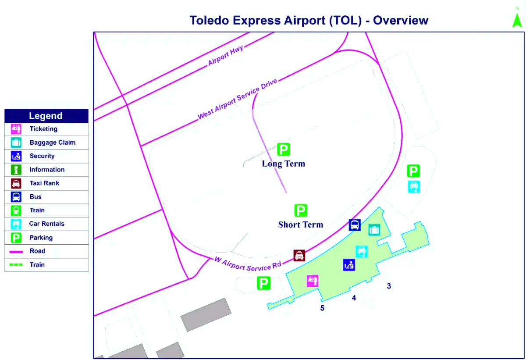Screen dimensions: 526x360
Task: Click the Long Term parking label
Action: pyautogui.click(x=284, y=164)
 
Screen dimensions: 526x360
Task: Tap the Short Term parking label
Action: pyautogui.click(x=301, y=225)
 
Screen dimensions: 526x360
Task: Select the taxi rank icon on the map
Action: pyautogui.click(x=299, y=256)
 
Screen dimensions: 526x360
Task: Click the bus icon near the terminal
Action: pyautogui.click(x=355, y=225)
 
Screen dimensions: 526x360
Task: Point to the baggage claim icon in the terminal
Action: pyautogui.click(x=374, y=230)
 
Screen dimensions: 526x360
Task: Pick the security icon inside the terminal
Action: pyautogui.click(x=349, y=265)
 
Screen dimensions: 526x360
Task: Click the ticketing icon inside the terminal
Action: pyautogui.click(x=313, y=281)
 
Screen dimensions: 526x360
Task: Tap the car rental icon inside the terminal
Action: pyautogui.click(x=362, y=252)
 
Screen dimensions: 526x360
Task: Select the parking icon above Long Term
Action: pyautogui.click(x=284, y=150)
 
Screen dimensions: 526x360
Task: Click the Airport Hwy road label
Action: pyautogui.click(x=225, y=55)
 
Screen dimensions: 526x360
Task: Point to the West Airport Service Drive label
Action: pyautogui.click(x=238, y=99)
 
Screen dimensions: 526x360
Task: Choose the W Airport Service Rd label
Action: pyautogui.click(x=248, y=265)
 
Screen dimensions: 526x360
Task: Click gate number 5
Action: pyautogui.click(x=322, y=308)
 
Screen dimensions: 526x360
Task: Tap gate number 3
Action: pyautogui.click(x=389, y=286)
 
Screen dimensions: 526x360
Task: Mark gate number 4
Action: pyautogui.click(x=354, y=298)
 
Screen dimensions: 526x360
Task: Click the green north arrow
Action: pyautogui.click(x=517, y=21)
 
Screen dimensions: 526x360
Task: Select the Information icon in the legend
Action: pyautogui.click(x=16, y=170)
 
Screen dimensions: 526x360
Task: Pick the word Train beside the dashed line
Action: pyautogui.click(x=37, y=265)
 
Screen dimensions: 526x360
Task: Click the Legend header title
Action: pyautogui.click(x=46, y=116)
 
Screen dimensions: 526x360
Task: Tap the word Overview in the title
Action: pyautogui.click(x=401, y=20)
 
